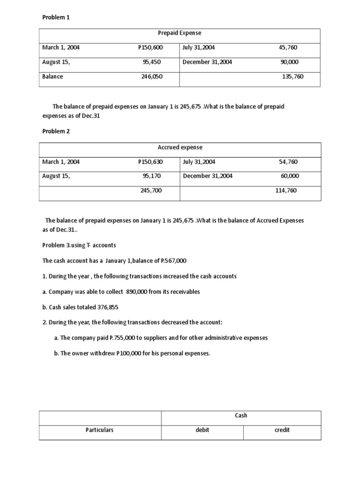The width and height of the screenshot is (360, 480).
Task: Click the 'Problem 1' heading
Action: coord(56,17)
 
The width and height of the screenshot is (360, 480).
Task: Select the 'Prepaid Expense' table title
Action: coord(180,33)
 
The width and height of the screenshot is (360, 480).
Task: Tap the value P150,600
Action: coord(150,47)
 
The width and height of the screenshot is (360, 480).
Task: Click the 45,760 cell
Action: coord(288,47)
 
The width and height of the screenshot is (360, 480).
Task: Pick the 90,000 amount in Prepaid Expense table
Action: coord(289,62)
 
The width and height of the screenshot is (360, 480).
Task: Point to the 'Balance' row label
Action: coord(52,76)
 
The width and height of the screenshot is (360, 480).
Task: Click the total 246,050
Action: coord(152,76)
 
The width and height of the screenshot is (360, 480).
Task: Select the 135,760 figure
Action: coord(292,76)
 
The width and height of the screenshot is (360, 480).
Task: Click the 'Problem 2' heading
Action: coord(56,131)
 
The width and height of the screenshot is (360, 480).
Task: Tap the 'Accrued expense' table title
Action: coord(180,147)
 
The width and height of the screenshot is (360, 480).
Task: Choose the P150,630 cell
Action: coord(150,162)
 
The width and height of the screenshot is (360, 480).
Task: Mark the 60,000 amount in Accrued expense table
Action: coord(290,176)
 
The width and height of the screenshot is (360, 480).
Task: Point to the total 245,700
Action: coord(151,191)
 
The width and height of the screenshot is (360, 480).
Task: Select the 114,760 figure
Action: coord(286,191)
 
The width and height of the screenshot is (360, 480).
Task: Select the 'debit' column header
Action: coord(202,430)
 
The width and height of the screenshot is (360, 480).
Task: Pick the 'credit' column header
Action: coord(282,430)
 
